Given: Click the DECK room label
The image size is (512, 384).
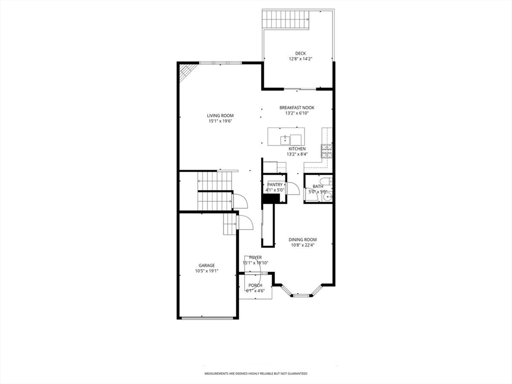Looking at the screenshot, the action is tap(300, 53).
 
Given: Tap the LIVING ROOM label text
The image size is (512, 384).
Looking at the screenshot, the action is tap(220, 115).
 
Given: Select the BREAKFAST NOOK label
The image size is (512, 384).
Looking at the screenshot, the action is tap(297, 108).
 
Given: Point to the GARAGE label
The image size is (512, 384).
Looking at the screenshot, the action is tap(206, 265).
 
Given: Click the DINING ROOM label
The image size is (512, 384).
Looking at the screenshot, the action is tap(302, 239).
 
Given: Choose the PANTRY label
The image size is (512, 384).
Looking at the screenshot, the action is tap(275, 185).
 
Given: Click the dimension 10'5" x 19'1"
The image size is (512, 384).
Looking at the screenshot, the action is tap(206, 271).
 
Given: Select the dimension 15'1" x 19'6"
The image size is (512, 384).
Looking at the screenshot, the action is tap(220, 121).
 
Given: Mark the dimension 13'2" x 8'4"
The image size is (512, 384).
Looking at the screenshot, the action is tap(297, 154).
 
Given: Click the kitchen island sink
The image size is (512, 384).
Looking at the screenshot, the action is tap(284, 139).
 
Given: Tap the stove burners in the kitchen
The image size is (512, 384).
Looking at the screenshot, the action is tap(327, 151).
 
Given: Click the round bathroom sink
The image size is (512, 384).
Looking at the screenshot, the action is tap(327, 196).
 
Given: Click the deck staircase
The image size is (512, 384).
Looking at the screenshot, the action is tap(286, 19).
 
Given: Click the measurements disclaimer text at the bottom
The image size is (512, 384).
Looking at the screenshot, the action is tap(255, 373).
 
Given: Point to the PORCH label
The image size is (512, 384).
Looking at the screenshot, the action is tap(255, 285).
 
